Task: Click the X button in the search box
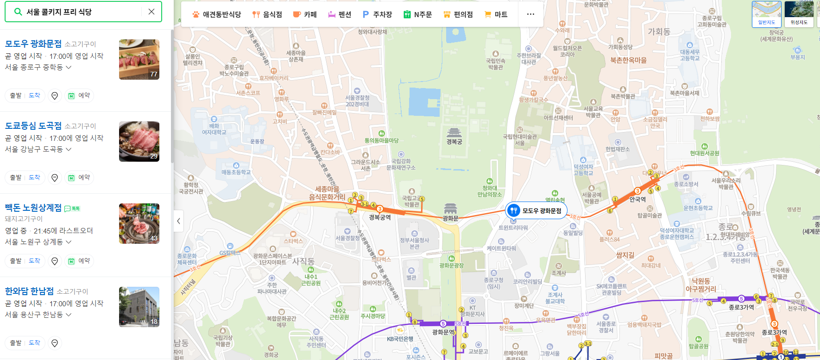coord(151,12)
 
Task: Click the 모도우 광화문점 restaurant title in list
coord(33,44)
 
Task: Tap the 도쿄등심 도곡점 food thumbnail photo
coord(139,141)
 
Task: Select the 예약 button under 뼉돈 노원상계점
coord(79,261)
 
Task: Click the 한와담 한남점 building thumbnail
coord(139,307)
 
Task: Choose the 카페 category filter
coord(305,14)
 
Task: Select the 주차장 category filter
coord(377,14)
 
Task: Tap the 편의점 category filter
coord(458,14)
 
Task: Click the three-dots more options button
coord(530,14)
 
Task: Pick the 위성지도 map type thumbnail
coord(799,13)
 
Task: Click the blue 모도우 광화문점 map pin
coord(514,210)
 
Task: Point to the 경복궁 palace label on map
coord(454,142)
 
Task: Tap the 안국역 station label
coord(637,199)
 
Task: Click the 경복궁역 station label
coord(379,217)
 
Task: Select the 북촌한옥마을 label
coord(628,60)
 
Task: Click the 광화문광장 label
coord(451,265)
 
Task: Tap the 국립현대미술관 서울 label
coord(520,139)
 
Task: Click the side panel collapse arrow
coord(178,221)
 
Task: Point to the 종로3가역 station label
coord(741,307)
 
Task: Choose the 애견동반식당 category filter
coord(217,14)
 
